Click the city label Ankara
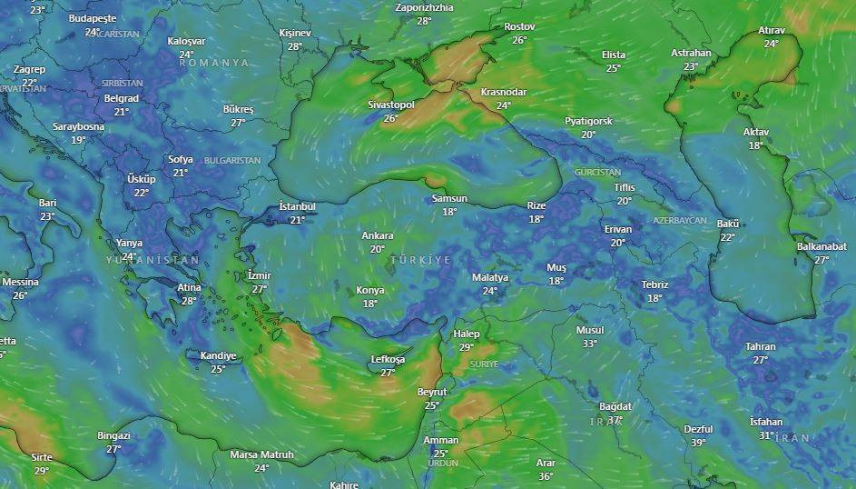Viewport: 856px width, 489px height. (378, 235)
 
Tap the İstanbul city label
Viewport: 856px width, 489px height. (297, 206)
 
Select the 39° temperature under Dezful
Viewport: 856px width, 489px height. (698, 443)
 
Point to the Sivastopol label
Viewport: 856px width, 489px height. (391, 105)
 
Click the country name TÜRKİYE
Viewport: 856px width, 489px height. (420, 260)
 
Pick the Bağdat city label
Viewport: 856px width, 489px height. (615, 406)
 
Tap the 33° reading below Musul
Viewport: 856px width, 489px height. (590, 344)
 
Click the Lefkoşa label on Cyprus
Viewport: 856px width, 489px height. (388, 359)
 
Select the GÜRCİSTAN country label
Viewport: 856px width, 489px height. (597, 172)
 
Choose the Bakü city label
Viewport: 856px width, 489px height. (728, 224)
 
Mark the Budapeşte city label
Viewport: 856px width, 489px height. (93, 18)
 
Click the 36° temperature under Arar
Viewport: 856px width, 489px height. (546, 476)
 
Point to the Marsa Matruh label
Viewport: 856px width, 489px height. (261, 454)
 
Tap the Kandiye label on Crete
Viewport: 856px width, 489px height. (218, 355)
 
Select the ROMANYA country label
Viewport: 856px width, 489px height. (213, 63)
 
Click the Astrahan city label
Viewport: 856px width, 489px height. (692, 53)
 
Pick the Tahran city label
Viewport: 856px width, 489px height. (761, 346)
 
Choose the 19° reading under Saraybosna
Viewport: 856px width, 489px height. (78, 140)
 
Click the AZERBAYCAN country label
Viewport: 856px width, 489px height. (679, 221)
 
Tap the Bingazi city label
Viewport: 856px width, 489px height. (113, 435)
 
